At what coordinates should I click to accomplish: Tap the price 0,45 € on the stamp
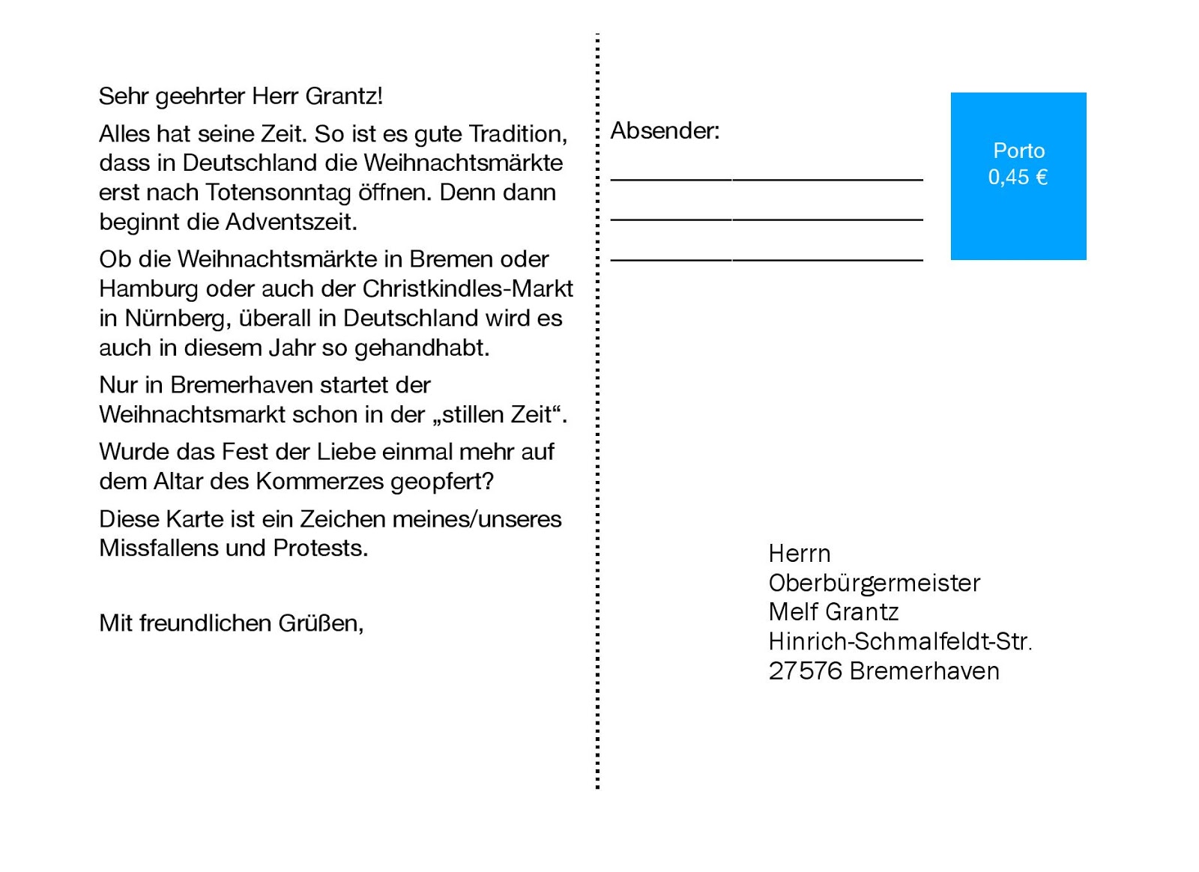point(1018,178)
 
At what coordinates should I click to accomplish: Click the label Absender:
point(665,131)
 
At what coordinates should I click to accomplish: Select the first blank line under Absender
point(766,179)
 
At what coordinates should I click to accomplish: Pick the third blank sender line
point(766,260)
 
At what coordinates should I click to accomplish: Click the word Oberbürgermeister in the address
point(874,583)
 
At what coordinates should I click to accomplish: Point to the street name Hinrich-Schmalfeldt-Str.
point(899,641)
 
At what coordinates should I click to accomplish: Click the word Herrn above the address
point(799,554)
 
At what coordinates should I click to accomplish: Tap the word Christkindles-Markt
point(468,288)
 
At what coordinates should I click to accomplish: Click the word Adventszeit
point(291,222)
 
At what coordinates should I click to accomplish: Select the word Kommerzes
point(320,481)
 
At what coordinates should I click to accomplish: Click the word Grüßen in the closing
point(320,623)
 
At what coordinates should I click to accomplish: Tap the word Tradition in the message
point(517,134)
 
